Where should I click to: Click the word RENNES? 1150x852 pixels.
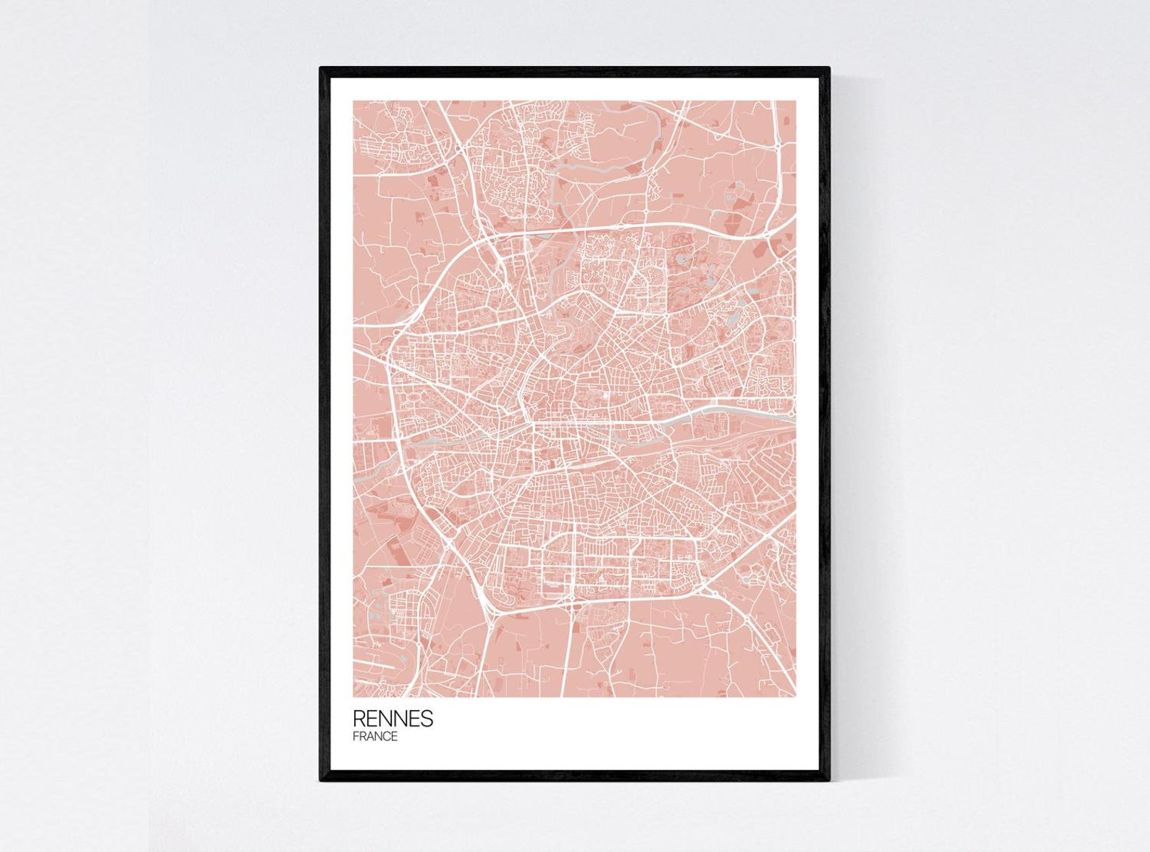point(393,718)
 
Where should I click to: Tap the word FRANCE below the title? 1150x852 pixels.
point(375,737)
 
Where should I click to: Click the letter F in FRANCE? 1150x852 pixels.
point(356,737)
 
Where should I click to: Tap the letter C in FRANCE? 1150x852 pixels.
point(385,737)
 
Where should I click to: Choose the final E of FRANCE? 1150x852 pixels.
point(394,737)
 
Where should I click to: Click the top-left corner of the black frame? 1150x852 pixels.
point(321,68)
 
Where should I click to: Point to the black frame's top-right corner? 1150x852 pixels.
point(828,68)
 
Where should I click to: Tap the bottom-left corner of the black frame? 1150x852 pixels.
point(321,780)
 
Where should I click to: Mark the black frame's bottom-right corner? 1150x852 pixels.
point(828,780)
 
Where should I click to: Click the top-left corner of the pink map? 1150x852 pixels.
point(354,101)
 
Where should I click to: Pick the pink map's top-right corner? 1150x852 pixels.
point(795,101)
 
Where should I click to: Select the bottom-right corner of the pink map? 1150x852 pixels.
point(795,696)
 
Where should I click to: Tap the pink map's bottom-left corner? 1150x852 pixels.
point(354,696)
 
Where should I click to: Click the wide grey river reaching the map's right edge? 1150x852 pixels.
point(753,414)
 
